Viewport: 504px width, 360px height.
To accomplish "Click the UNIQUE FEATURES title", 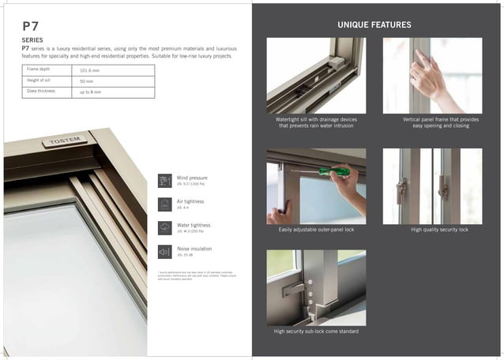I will (374, 25).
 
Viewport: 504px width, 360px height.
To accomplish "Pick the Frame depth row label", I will (40, 69).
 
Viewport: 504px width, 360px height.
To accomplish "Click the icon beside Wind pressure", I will (164, 180).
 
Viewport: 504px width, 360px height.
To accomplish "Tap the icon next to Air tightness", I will (164, 204).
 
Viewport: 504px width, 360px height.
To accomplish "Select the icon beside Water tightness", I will (164, 228).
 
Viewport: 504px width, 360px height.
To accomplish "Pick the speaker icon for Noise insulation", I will (164, 252).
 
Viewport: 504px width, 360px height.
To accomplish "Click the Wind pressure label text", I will (192, 178).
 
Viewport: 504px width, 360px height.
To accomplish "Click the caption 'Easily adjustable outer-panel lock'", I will (316, 229).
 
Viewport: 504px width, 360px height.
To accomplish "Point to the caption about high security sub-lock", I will (316, 332).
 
